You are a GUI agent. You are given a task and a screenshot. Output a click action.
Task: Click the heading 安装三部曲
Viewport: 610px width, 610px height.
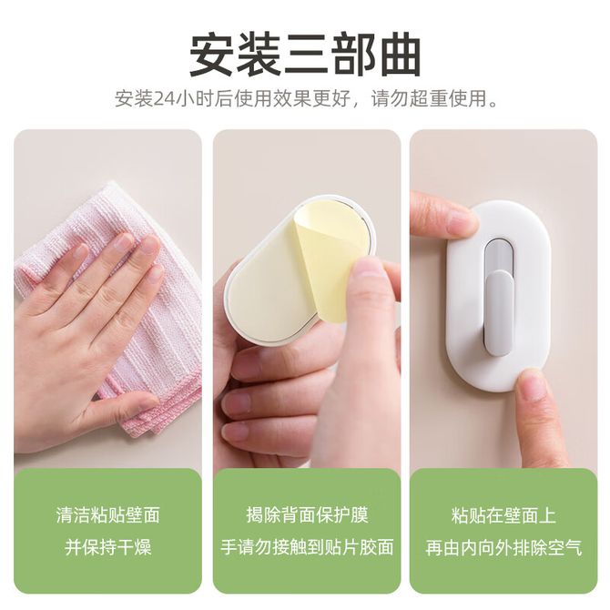tap(305, 56)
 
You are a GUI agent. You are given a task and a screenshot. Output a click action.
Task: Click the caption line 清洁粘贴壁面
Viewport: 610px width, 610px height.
tap(107, 514)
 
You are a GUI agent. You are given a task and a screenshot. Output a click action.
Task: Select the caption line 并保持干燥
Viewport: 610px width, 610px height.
tap(107, 546)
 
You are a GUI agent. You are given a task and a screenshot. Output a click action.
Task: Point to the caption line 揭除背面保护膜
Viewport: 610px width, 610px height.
tap(307, 514)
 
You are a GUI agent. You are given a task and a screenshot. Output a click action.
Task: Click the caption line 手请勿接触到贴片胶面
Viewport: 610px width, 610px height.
tap(307, 546)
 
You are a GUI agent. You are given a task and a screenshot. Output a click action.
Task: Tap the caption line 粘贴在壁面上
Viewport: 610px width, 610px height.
tap(503, 514)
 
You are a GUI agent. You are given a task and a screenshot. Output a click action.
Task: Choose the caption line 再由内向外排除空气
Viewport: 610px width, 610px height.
tap(503, 546)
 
